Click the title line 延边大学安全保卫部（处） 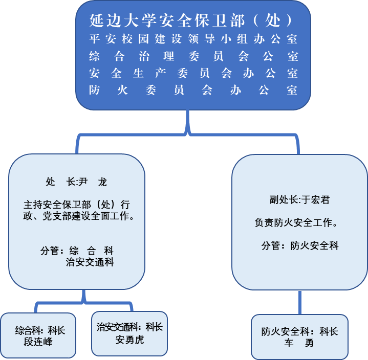coord(193,20)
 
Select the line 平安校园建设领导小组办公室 coord(193,39)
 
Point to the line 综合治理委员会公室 coord(193,56)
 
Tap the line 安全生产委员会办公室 coord(193,73)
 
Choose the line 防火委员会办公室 coord(193,91)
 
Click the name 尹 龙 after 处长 coord(93,182)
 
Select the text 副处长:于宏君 coord(299,199)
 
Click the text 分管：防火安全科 coord(300,245)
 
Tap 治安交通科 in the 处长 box coord(90,262)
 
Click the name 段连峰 coord(38,341)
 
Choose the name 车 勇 coord(299,343)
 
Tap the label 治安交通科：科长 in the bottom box coord(129,327)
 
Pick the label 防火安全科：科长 coord(299,331)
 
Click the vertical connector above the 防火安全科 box coord(300,302)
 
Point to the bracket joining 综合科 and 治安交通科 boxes coord(84,304)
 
